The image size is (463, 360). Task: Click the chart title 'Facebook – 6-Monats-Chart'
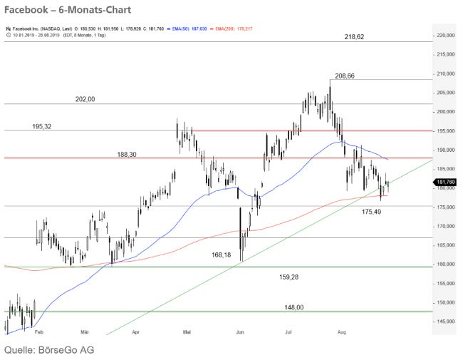coord(55,10)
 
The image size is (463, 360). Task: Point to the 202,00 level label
coord(85,100)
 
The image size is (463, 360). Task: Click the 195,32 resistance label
coord(42,126)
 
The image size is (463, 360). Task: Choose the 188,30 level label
coord(128,153)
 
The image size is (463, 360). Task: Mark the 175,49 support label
coord(372,212)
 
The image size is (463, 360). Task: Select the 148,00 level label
coord(294,307)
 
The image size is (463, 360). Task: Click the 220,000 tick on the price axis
coord(446,35)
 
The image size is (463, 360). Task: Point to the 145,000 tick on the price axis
coord(446,322)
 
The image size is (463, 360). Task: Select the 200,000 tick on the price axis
coord(446,112)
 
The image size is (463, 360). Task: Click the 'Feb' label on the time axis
coord(39,331)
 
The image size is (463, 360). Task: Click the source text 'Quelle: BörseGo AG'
coord(49,350)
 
